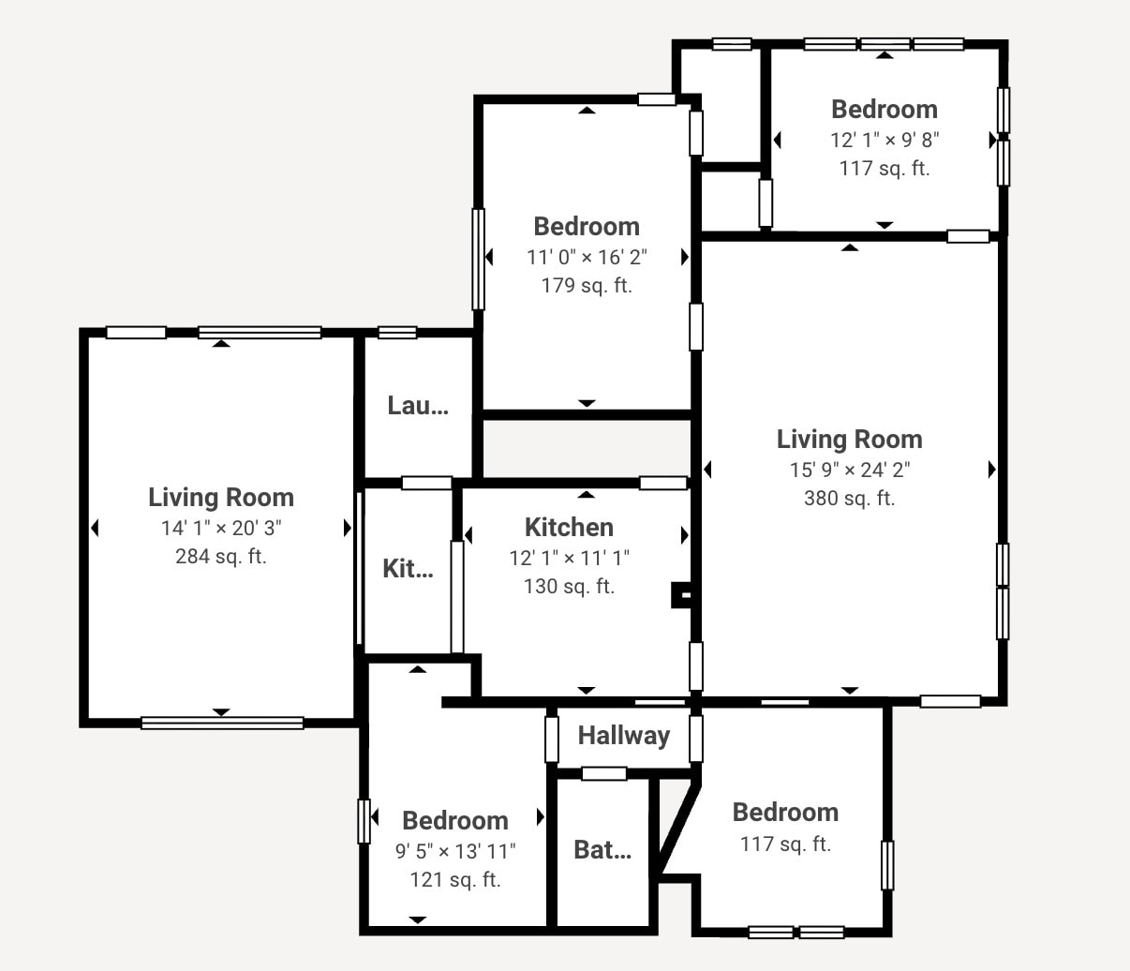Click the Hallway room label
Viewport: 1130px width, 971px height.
point(623,736)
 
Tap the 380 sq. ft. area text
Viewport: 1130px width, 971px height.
point(849,499)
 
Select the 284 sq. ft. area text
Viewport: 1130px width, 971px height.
point(221,557)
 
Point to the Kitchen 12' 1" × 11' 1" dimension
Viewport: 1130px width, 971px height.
point(569,559)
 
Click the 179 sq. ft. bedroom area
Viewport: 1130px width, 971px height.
point(587,286)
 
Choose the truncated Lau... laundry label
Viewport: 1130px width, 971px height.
point(417,406)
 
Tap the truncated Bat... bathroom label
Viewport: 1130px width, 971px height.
point(602,850)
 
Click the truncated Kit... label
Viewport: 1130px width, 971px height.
point(408,569)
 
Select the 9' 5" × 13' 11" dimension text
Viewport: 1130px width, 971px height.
point(455,851)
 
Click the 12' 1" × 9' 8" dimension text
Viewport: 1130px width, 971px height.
point(885,140)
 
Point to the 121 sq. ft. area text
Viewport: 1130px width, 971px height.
point(455,880)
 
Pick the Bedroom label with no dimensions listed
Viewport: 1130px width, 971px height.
point(785,813)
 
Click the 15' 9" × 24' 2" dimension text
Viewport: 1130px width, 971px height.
point(849,470)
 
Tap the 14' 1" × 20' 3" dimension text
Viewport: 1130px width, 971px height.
point(221,528)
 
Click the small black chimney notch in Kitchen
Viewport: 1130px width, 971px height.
point(681,595)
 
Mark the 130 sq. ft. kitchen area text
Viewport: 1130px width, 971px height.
point(569,587)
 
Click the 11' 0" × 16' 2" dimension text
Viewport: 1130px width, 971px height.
point(587,257)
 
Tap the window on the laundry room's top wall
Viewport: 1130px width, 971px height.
point(397,332)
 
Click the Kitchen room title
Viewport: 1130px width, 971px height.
point(569,527)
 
